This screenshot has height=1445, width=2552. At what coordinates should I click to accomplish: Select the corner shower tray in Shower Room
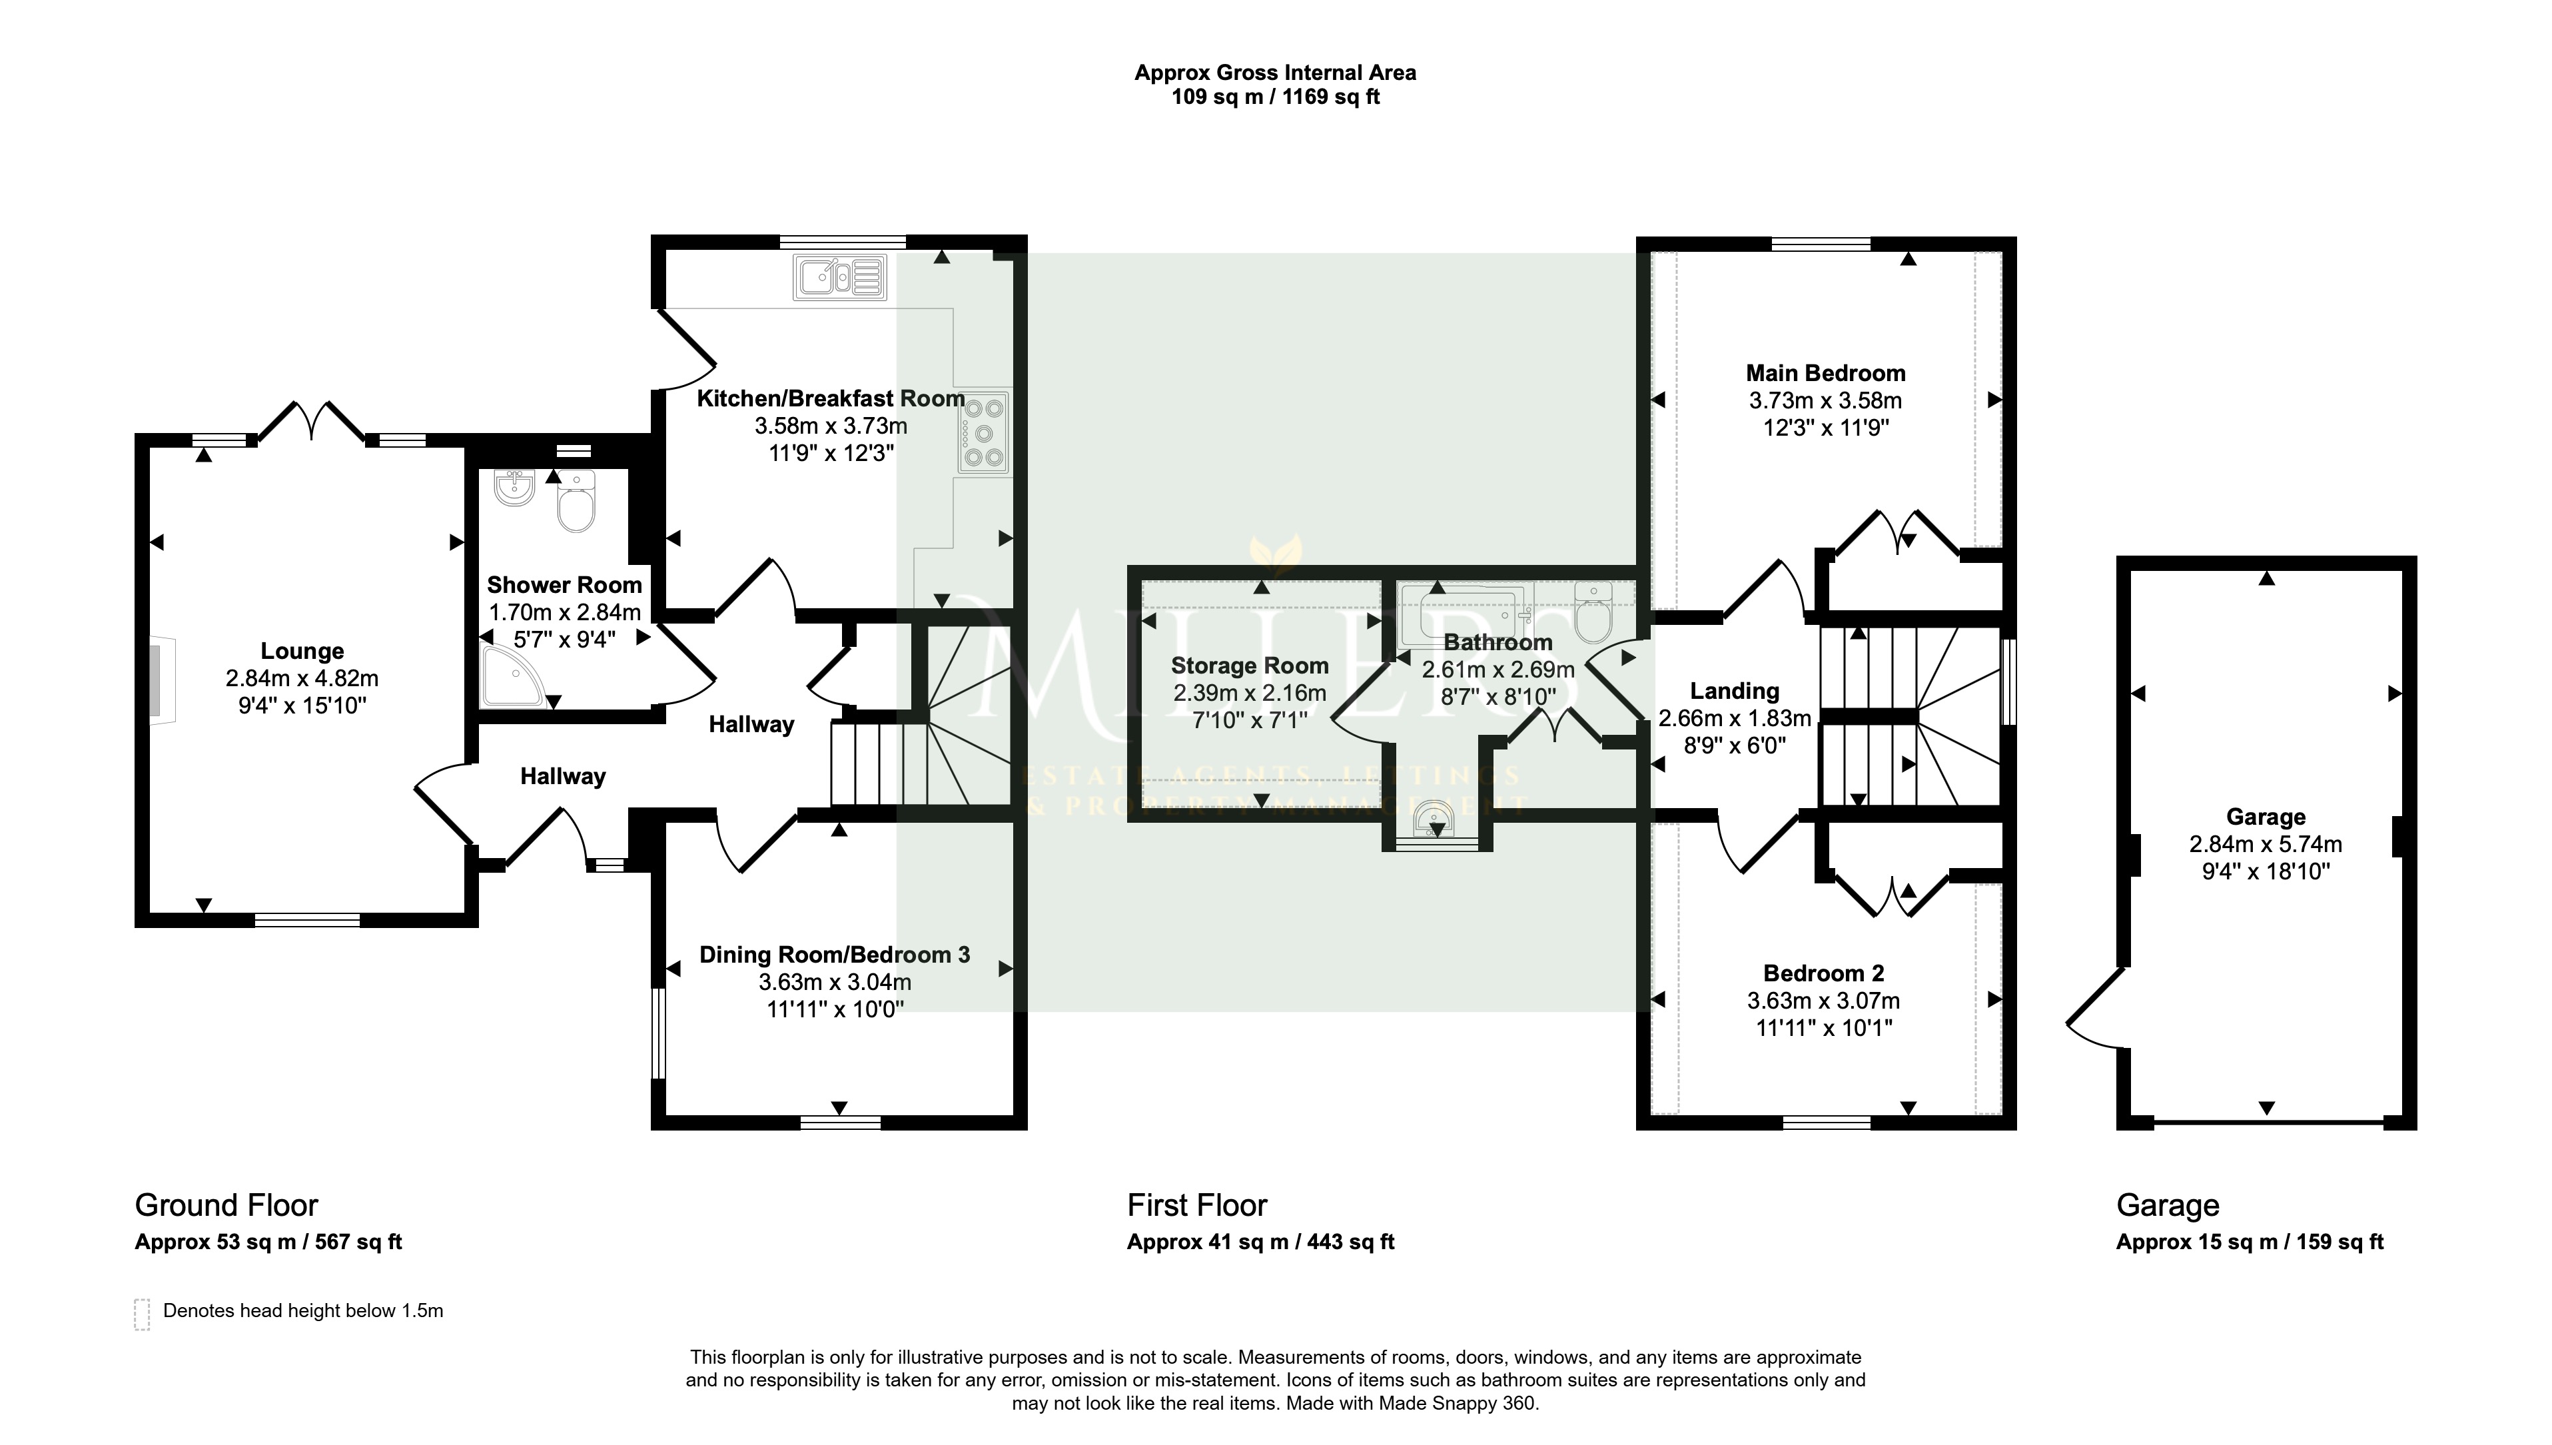513,676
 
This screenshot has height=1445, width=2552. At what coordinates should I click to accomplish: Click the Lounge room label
302,651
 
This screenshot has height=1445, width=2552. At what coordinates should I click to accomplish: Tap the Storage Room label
1249,666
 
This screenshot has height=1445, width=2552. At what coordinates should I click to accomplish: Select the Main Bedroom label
1826,373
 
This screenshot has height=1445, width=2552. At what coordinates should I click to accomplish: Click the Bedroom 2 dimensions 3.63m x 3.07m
1824,1001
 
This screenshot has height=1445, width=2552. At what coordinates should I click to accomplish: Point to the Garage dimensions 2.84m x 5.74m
2266,845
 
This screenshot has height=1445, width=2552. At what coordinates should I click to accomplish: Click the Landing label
1735,691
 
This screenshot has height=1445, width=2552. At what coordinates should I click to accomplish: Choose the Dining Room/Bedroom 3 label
835,955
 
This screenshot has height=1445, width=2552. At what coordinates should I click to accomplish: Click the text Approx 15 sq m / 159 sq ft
2250,1242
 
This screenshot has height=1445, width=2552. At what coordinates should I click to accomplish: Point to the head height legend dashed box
142,1313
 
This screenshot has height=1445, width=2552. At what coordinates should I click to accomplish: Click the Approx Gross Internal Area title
1275,73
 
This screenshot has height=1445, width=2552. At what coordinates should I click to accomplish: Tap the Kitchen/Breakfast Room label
831,399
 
